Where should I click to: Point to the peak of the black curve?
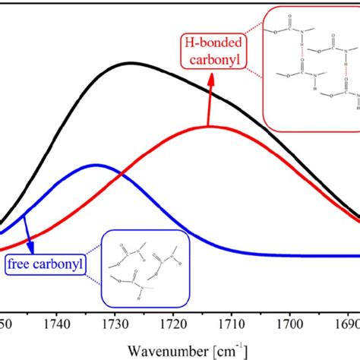131,63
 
